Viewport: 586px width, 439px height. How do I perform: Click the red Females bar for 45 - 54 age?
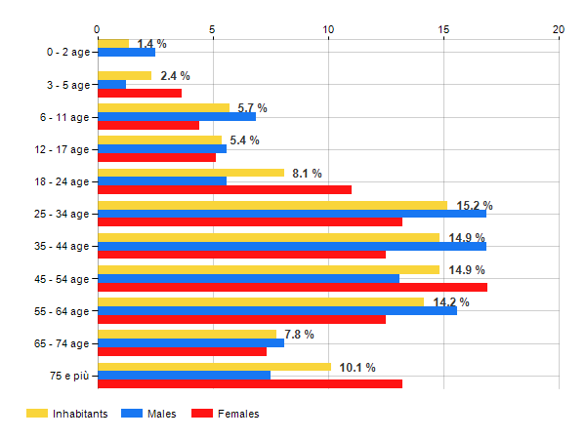point(292,287)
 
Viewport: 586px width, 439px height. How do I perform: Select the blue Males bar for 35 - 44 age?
point(292,246)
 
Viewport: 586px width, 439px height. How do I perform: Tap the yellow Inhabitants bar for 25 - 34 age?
point(272,205)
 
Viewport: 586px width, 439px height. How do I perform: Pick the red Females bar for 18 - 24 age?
point(225,189)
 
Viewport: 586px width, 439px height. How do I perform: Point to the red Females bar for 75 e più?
point(250,383)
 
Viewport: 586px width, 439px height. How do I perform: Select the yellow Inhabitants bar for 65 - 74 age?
point(188,334)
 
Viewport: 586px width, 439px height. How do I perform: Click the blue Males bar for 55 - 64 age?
point(277,310)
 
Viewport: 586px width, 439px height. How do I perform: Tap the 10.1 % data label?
point(357,367)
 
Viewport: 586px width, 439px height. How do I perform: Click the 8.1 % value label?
point(307,174)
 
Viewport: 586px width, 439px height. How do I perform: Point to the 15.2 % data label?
point(475,206)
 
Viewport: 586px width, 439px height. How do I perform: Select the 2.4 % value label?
point(175,76)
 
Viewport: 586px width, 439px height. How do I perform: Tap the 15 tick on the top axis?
point(443,29)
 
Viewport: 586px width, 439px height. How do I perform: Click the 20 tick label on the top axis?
point(559,29)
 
